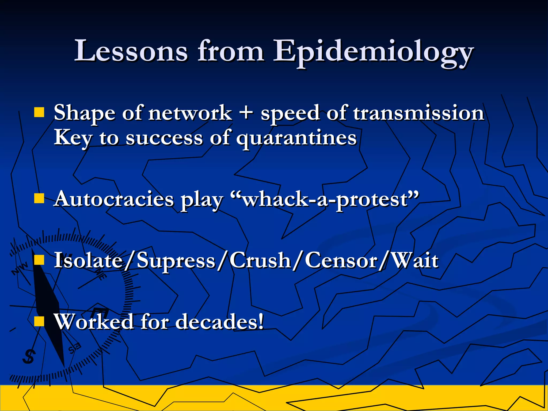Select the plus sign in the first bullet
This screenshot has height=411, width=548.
coord(246,113)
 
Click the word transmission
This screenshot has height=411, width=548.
coord(419,113)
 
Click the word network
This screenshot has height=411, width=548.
coord(190,113)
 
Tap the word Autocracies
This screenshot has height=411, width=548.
coord(114,199)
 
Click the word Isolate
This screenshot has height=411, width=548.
coord(88,260)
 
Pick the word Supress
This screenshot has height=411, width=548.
coord(176,260)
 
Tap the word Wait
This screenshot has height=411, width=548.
coord(415,260)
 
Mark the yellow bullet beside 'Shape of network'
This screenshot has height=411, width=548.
coord(39,113)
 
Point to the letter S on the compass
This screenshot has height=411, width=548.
coord(29,357)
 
